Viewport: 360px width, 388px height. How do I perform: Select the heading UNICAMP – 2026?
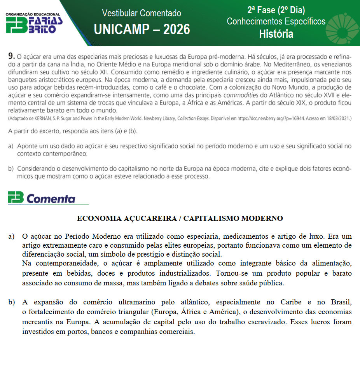142,29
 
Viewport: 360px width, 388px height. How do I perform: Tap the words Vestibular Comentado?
142,13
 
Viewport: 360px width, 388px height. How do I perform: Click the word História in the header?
276,34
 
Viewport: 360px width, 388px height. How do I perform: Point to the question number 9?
12,56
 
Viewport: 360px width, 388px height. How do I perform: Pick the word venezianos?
335,64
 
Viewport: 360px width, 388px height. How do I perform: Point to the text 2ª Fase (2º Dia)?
276,10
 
